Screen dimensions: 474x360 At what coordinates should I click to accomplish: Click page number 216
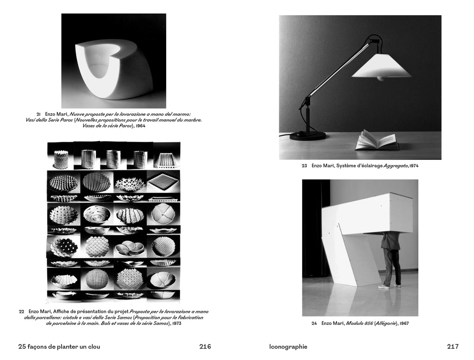click(205, 347)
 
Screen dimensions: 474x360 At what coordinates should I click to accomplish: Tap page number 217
click(453, 347)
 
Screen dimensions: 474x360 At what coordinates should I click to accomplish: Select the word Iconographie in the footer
click(288, 347)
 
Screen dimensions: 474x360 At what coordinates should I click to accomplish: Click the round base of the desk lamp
click(308, 136)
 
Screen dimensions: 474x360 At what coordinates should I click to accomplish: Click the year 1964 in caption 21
click(140, 126)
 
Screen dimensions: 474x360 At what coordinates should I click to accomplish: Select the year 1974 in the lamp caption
click(414, 166)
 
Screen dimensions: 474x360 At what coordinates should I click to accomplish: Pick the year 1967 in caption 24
click(404, 323)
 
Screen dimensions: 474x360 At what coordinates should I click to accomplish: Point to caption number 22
click(21, 311)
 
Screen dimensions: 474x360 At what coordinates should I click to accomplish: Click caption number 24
click(314, 323)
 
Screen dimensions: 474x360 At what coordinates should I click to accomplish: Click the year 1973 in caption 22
click(176, 323)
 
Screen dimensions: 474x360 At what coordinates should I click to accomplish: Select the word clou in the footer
click(94, 347)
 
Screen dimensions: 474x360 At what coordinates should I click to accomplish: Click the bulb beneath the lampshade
click(381, 79)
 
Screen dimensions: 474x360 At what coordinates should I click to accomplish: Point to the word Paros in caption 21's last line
click(125, 126)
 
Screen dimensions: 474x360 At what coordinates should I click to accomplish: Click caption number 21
click(38, 114)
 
